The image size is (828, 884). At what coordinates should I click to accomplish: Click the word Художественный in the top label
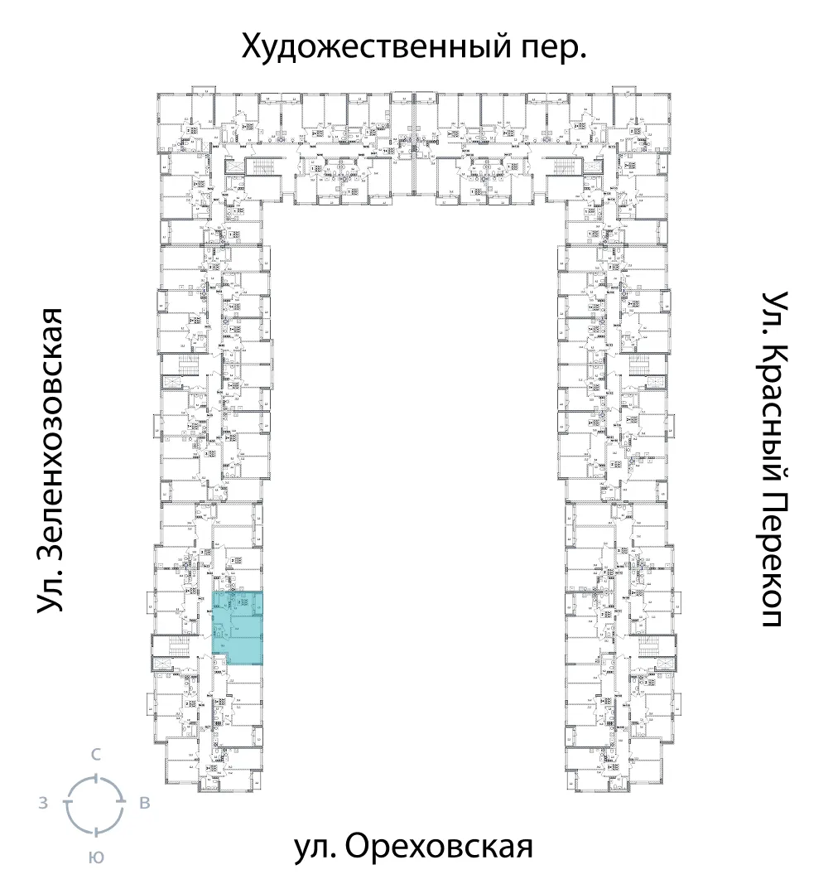click(x=371, y=49)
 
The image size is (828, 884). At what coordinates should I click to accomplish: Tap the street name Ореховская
click(x=436, y=848)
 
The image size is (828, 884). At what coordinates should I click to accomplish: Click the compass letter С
click(x=96, y=754)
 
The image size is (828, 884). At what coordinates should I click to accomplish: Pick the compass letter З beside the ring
click(x=42, y=803)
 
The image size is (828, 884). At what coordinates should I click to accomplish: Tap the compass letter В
click(x=144, y=803)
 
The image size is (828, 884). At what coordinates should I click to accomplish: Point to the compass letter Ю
click(x=96, y=857)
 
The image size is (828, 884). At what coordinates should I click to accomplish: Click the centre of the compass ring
click(x=95, y=804)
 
